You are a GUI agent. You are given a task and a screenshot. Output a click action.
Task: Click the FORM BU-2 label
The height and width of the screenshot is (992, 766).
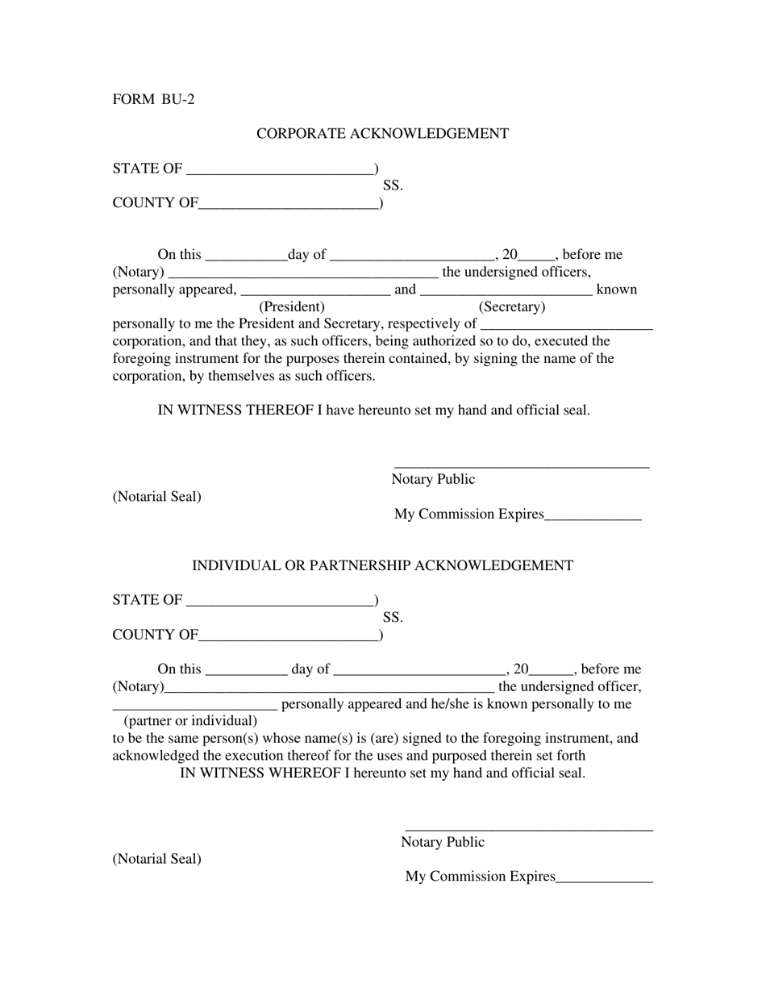click(x=153, y=100)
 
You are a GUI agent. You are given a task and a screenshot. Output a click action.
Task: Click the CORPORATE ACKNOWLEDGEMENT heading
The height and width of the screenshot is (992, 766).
click(x=382, y=134)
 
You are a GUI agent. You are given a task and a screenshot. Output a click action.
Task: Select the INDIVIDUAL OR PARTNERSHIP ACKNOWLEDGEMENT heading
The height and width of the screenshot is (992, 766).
click(x=382, y=566)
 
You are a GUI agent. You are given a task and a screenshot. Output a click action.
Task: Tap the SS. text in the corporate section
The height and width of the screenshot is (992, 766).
click(x=393, y=185)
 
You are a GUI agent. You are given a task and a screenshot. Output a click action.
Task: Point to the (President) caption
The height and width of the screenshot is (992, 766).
click(x=292, y=307)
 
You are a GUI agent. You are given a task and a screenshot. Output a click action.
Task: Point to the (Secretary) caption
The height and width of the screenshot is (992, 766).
click(x=512, y=307)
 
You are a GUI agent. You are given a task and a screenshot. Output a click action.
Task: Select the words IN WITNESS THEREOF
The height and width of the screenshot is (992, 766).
click(x=235, y=411)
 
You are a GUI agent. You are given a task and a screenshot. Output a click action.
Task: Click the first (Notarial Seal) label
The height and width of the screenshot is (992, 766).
click(x=157, y=497)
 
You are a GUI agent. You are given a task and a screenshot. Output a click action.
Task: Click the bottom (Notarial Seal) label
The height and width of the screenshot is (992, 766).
click(x=157, y=859)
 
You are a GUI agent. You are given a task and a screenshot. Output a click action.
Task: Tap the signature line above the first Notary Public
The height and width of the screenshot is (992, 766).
click(x=521, y=465)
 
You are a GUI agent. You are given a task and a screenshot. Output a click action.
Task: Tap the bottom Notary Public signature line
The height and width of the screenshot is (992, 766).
click(x=529, y=828)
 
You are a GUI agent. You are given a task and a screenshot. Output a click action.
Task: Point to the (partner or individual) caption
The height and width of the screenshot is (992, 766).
click(x=190, y=721)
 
